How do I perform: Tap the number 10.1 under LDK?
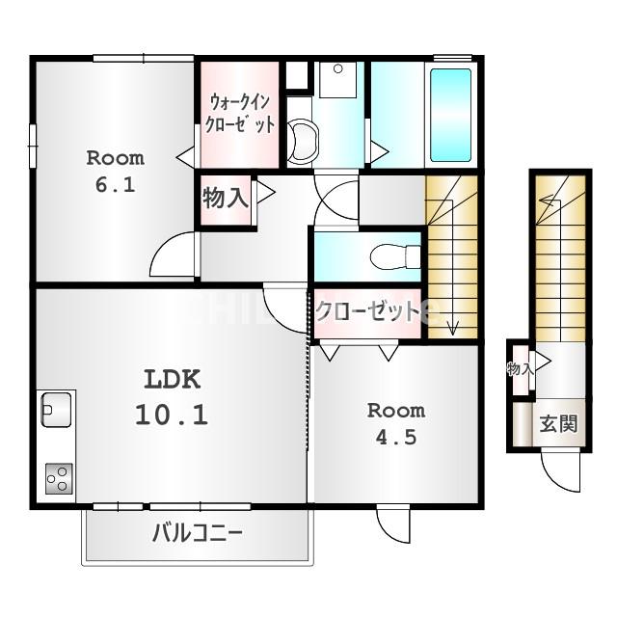tap(172, 416)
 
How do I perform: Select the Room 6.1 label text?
tap(115, 172)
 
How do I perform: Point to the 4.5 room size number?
tap(395, 437)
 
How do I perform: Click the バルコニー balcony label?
tap(197, 533)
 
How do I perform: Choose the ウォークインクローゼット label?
tap(240, 113)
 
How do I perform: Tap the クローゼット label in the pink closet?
tap(367, 310)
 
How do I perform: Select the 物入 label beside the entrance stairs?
tap(521, 368)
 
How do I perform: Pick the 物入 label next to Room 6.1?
tap(226, 199)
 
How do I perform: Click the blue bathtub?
tap(450, 114)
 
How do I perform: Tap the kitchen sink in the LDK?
tap(56, 410)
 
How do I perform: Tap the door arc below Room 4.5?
tap(392, 524)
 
